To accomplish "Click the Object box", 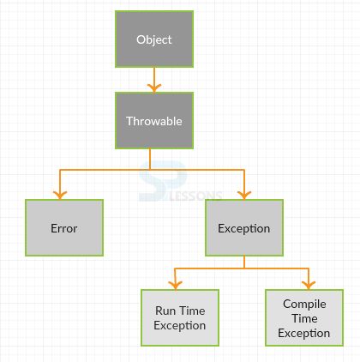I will pyautogui.click(x=154, y=39).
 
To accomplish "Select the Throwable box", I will pyautogui.click(x=154, y=121).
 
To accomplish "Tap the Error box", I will pyautogui.click(x=64, y=228).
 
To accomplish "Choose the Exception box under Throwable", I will pyautogui.click(x=244, y=228).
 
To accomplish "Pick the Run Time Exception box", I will pyautogui.click(x=180, y=317).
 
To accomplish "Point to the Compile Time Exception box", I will pyautogui.click(x=304, y=318).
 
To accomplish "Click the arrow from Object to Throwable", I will pyautogui.click(x=154, y=80).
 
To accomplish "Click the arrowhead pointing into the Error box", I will pyautogui.click(x=60, y=194).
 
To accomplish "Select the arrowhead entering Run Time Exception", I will pyautogui.click(x=176, y=285).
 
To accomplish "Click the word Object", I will pyautogui.click(x=154, y=39).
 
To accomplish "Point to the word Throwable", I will pyautogui.click(x=154, y=121).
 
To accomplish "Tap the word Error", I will pyautogui.click(x=64, y=228).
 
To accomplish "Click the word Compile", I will pyautogui.click(x=304, y=304).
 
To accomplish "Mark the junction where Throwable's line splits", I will pyautogui.click(x=151, y=170).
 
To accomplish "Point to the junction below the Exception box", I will pyautogui.click(x=244, y=268).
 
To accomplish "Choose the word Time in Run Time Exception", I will pyautogui.click(x=192, y=311).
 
